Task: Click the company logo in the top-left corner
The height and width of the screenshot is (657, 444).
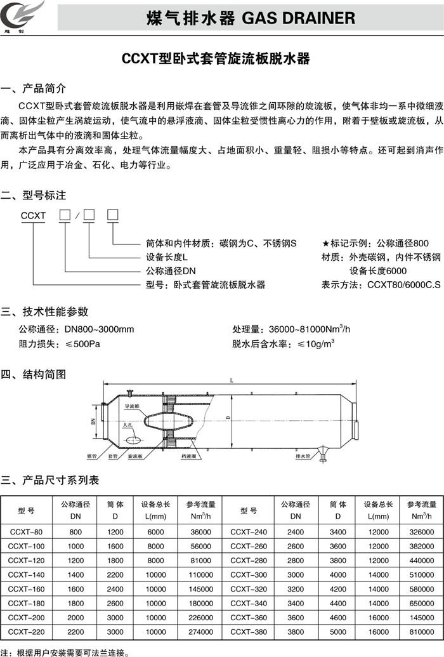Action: click(x=25, y=15)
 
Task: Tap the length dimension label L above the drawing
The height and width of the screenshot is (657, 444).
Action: click(x=232, y=380)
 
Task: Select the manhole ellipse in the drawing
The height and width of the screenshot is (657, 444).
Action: click(x=132, y=439)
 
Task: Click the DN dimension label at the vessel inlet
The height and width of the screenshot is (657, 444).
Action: click(x=93, y=421)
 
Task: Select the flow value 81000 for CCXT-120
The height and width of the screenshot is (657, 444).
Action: click(x=200, y=561)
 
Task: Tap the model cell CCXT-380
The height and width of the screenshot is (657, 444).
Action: click(x=248, y=632)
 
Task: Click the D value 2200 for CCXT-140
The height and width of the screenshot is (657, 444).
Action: click(x=115, y=575)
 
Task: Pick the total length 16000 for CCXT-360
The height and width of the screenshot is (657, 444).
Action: click(x=378, y=618)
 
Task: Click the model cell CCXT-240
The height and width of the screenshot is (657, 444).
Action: click(x=248, y=531)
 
